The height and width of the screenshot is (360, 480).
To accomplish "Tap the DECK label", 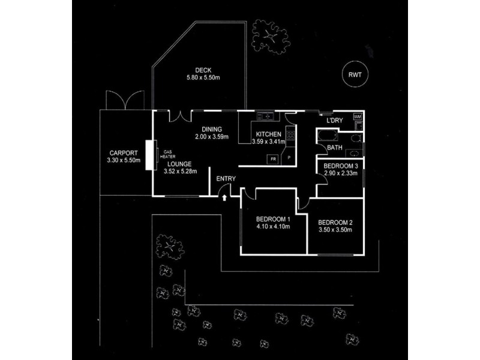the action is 203,70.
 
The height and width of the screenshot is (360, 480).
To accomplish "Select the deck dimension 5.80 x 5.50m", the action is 203,78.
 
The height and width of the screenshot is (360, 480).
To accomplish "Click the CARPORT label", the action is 124,153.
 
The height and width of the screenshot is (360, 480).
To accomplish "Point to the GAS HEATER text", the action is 170,154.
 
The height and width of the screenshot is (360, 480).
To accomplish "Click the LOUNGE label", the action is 179,164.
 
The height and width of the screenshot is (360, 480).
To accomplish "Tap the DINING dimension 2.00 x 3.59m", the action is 212,137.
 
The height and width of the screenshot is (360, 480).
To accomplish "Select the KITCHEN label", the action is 268,134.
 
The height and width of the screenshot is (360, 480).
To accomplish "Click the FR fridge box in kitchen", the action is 273,160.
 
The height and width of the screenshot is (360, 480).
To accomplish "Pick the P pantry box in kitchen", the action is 289,158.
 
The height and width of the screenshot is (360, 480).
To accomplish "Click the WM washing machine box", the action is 358,116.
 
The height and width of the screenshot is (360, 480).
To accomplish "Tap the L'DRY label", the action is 335,121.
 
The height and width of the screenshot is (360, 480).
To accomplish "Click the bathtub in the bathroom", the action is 328,136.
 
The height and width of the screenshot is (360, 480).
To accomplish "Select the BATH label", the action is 335,148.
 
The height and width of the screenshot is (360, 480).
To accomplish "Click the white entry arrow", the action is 224,198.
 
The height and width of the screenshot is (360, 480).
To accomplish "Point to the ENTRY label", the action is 226,179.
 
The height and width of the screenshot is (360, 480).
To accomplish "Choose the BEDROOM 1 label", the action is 273,219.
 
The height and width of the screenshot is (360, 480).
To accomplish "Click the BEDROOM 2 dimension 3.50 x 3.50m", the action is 335,230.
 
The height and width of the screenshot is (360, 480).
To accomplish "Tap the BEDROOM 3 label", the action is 341,166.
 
